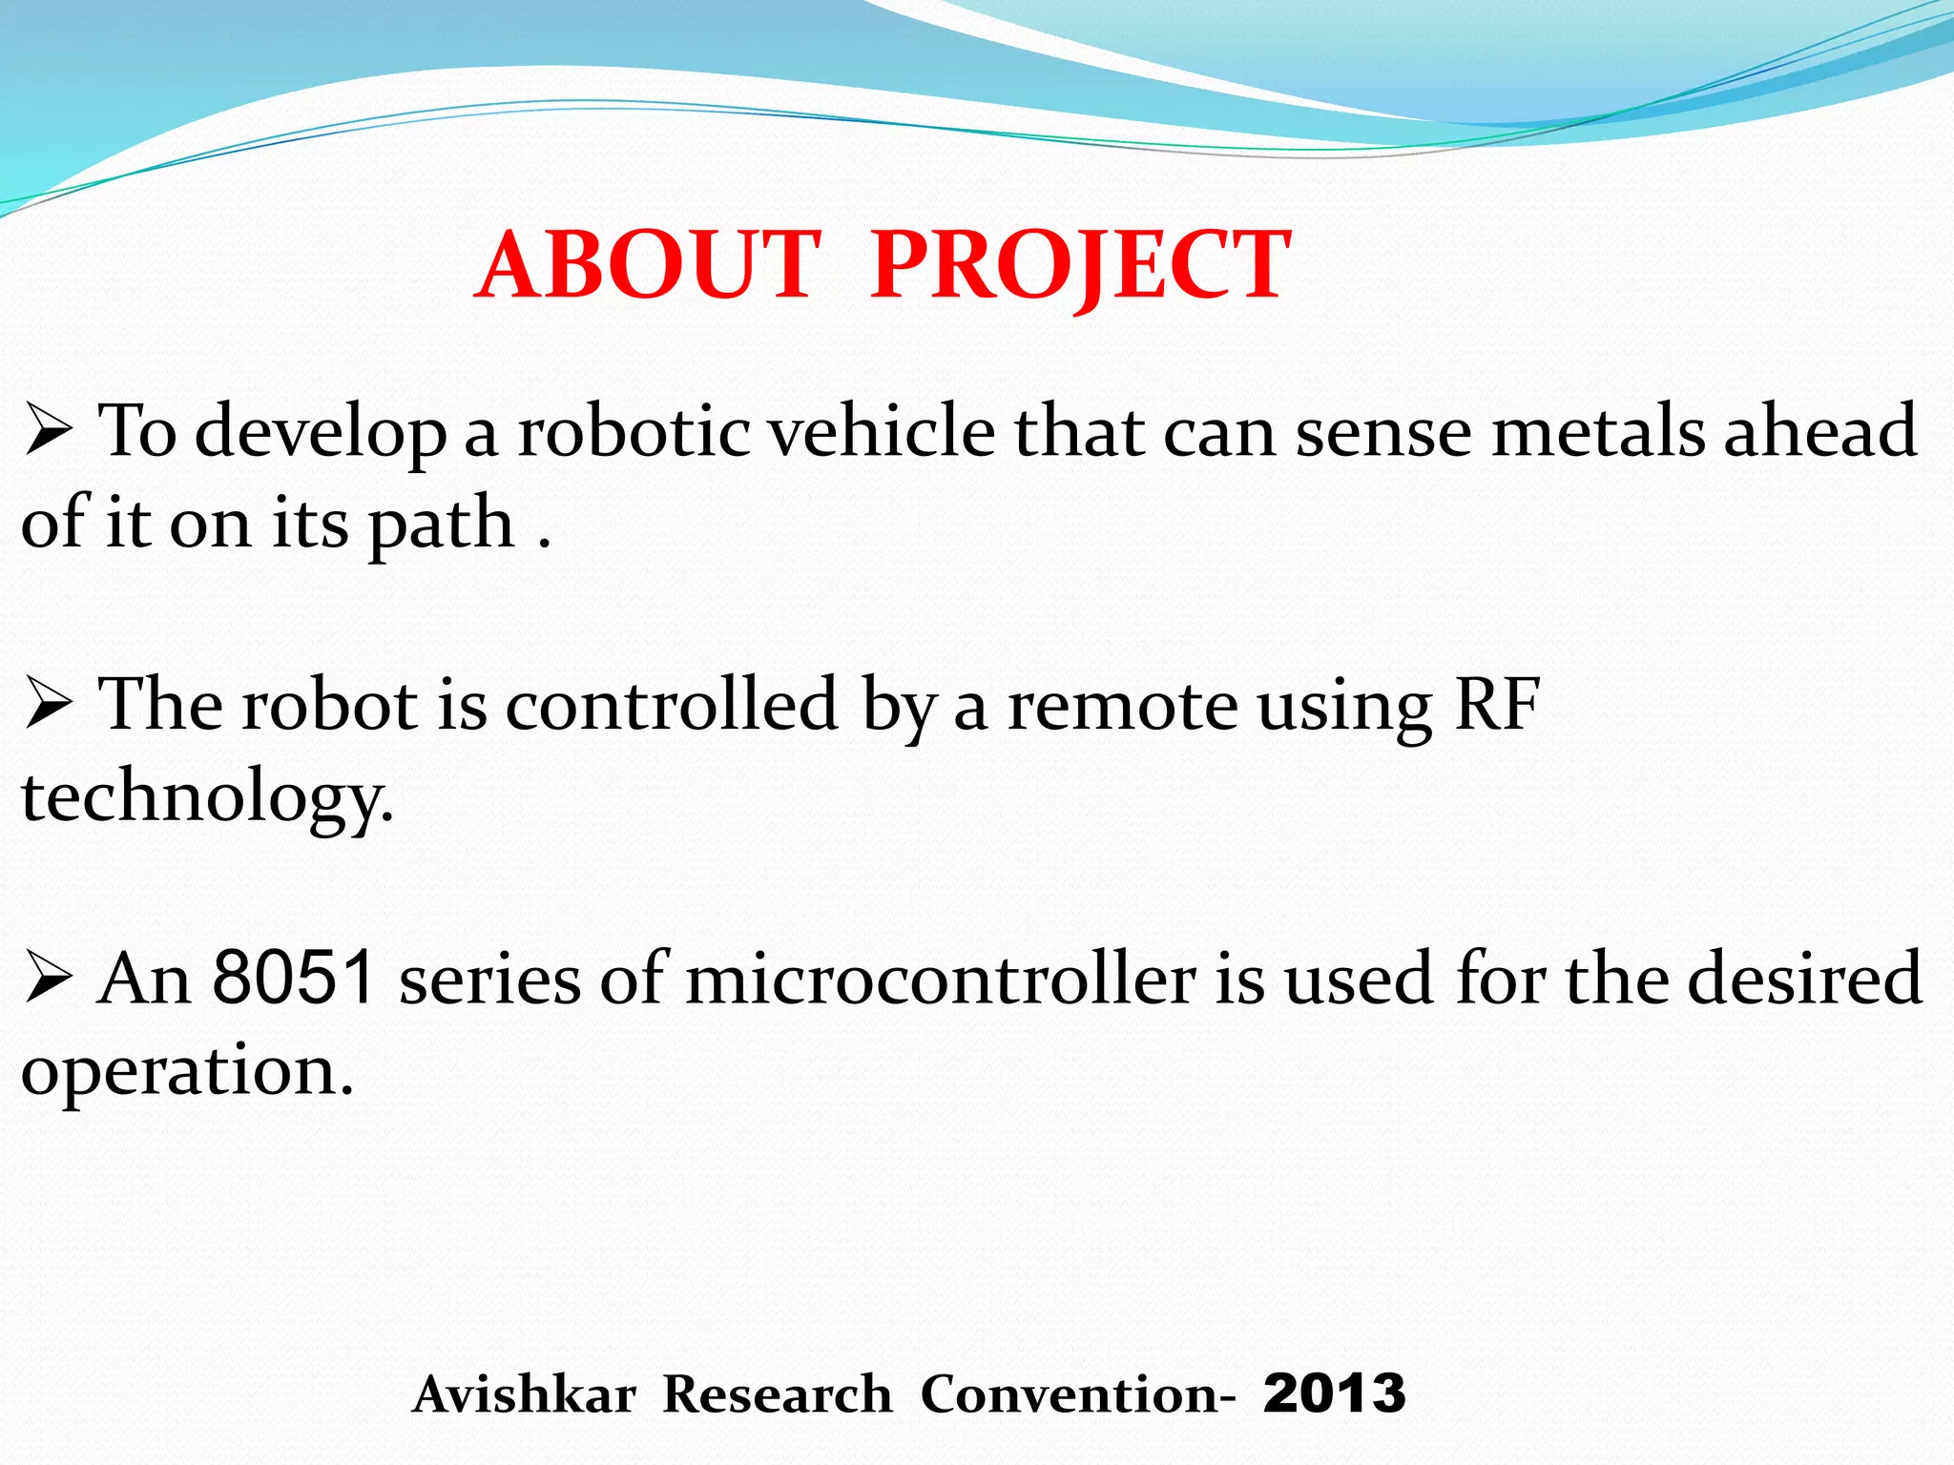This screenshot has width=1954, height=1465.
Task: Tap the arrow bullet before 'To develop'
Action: pos(49,431)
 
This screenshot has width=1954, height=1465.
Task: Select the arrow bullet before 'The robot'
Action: pos(49,705)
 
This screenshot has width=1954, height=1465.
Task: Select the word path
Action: pos(441,525)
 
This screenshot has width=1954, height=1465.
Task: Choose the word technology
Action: pos(205,797)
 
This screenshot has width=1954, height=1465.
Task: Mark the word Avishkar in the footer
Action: pos(525,1394)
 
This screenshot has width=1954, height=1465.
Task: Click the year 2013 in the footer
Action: pos(1334,1393)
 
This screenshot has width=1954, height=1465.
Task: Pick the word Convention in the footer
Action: pos(1070,1394)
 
